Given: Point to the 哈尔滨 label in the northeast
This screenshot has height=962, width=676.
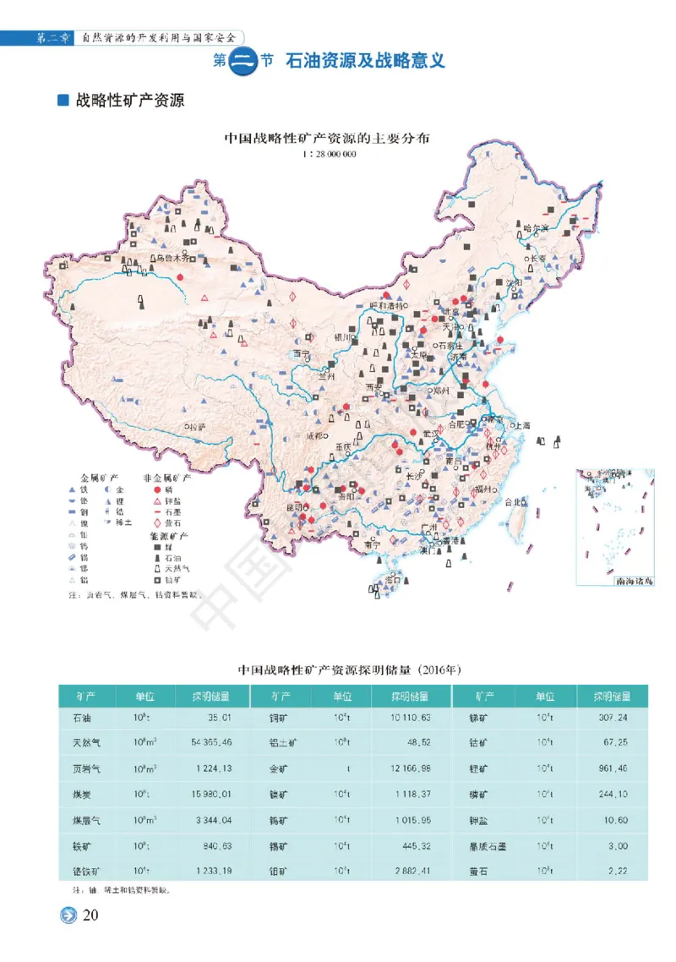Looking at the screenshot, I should click(x=536, y=228).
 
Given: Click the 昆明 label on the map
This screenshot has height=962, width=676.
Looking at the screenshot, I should click(x=296, y=506).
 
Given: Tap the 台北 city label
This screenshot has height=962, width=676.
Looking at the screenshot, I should click(x=514, y=502).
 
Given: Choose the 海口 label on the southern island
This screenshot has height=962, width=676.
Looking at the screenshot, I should click(x=392, y=580).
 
